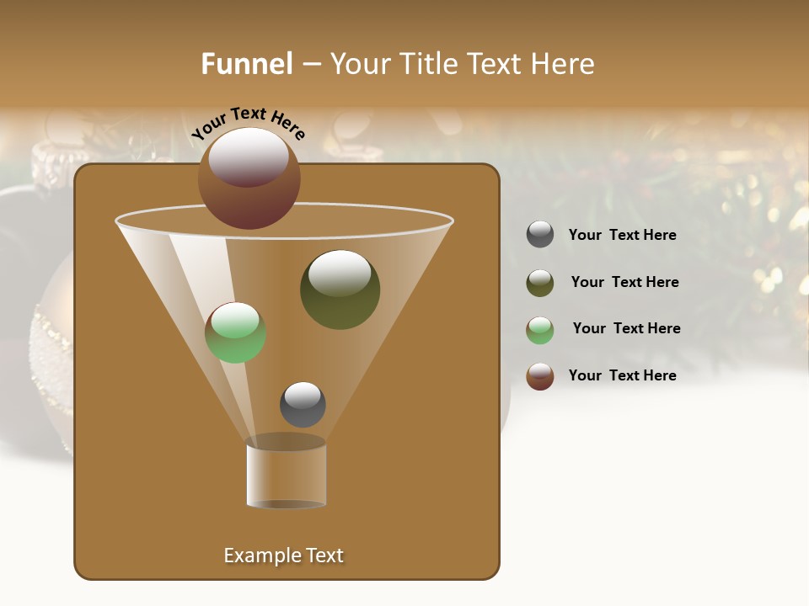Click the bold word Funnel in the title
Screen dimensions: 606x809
[x=246, y=64]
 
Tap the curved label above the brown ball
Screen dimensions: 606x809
[x=249, y=123]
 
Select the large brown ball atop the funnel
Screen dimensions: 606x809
[x=249, y=178]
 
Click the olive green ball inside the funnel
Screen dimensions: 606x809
[x=340, y=290]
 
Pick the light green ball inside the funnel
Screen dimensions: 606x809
[x=236, y=333]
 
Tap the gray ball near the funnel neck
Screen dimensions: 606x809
[x=303, y=405]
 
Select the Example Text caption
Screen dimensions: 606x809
[x=284, y=555]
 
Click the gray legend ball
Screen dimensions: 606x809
[x=540, y=235]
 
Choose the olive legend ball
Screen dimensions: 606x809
[x=540, y=283]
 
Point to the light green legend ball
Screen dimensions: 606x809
[x=540, y=330]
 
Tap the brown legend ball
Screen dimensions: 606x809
[x=540, y=376]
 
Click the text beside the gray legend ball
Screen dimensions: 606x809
[x=623, y=235]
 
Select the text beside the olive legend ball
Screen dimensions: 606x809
[x=624, y=282]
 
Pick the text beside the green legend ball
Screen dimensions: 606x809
[x=626, y=328]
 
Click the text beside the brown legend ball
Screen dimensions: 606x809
[x=623, y=375]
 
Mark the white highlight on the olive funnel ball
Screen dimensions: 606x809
[x=340, y=274]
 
